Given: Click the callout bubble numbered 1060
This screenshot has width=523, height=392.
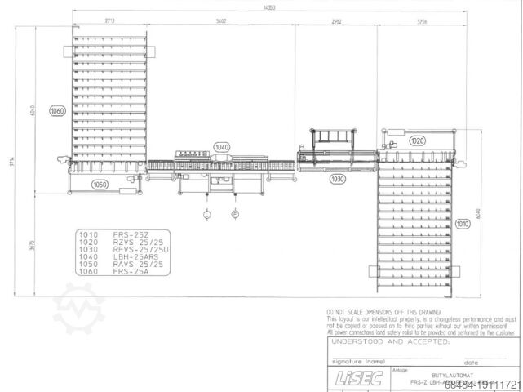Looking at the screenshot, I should click(x=57, y=111).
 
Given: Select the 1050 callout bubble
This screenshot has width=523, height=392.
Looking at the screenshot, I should click(x=100, y=185).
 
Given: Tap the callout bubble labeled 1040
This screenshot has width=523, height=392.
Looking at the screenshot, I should click(x=222, y=147).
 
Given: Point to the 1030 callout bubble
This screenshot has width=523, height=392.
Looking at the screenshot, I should click(x=337, y=179).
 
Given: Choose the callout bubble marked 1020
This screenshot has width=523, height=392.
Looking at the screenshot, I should click(x=417, y=140).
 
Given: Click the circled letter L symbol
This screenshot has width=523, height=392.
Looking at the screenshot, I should click(x=207, y=215).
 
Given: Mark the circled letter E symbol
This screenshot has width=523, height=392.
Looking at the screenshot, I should click(x=236, y=215).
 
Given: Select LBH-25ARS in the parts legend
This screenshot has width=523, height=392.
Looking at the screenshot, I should click(x=133, y=256).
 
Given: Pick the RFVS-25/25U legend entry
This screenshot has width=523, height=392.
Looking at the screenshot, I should click(x=137, y=248).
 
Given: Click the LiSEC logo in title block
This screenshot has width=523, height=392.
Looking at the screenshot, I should click(x=350, y=378).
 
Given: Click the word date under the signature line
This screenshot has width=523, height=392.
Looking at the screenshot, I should click(x=472, y=362).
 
